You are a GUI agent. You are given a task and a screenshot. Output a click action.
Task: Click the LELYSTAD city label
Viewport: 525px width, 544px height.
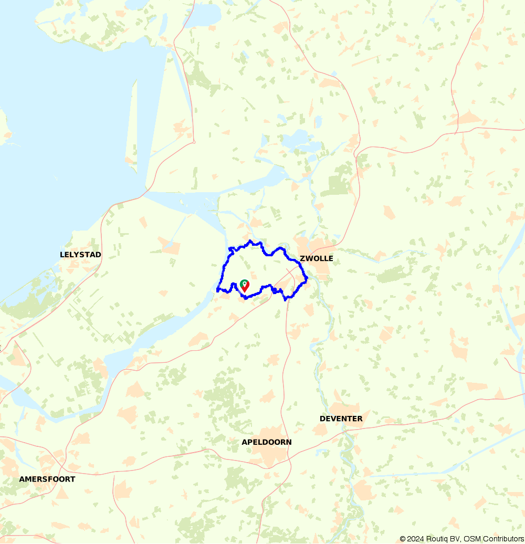[x=80, y=255]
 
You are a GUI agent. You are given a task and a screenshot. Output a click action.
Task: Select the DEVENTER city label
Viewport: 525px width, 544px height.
[x=341, y=419]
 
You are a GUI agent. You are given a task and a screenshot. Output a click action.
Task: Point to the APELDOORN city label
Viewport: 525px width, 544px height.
[x=266, y=442]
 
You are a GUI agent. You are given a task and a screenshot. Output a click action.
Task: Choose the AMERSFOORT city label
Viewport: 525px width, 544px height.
[x=47, y=479]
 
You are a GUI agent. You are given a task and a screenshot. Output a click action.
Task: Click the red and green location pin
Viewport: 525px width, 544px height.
[x=244, y=286]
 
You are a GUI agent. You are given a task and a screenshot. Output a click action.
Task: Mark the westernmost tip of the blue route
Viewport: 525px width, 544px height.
[x=217, y=289]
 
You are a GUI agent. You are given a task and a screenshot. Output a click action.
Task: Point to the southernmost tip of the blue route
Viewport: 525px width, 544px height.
[x=285, y=300]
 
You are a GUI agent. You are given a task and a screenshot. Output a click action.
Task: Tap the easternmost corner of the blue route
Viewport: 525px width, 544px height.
[x=307, y=278]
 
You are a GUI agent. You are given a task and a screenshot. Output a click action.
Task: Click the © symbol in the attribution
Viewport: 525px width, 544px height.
[x=403, y=539]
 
